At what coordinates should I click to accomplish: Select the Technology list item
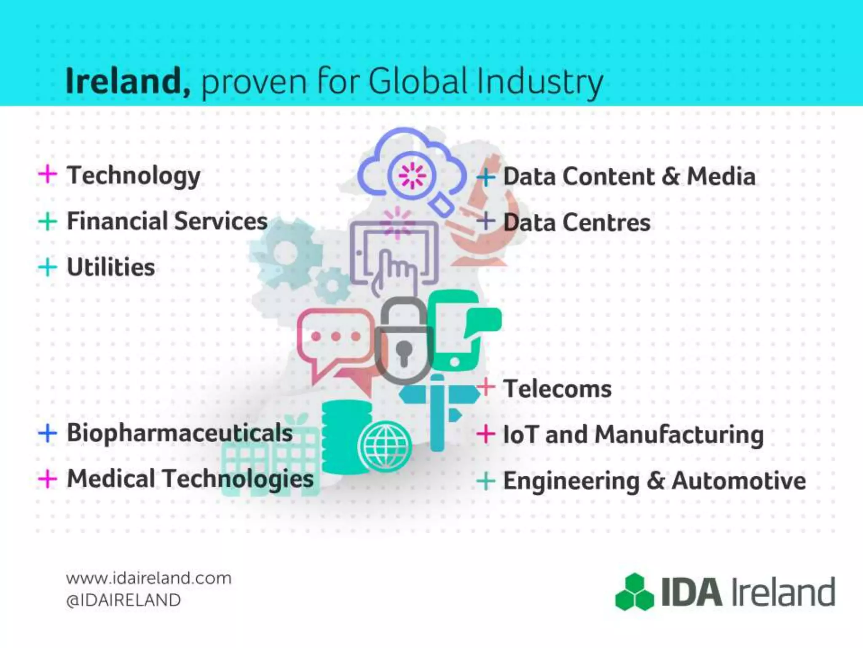pyautogui.click(x=134, y=176)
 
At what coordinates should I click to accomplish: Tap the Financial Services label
pyautogui.click(x=167, y=221)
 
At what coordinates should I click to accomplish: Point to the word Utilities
pyautogui.click(x=111, y=267)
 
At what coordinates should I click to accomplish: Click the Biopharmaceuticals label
pyautogui.click(x=180, y=433)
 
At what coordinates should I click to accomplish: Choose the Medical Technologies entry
pyautogui.click(x=190, y=479)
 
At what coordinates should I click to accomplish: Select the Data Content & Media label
pyautogui.click(x=629, y=176)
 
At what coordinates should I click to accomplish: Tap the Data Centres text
pyautogui.click(x=577, y=222)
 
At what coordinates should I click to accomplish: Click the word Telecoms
pyautogui.click(x=557, y=389)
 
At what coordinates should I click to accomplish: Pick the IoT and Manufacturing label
pyautogui.click(x=633, y=435)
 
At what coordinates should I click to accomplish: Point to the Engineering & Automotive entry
pyautogui.click(x=654, y=481)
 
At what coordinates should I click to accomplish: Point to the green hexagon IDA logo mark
pyautogui.click(x=635, y=592)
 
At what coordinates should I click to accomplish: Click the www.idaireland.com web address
pyautogui.click(x=149, y=578)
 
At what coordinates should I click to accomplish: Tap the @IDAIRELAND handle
pyautogui.click(x=123, y=600)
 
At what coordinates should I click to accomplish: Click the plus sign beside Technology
pyautogui.click(x=48, y=175)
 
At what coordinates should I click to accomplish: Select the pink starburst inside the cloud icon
pyautogui.click(x=413, y=175)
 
